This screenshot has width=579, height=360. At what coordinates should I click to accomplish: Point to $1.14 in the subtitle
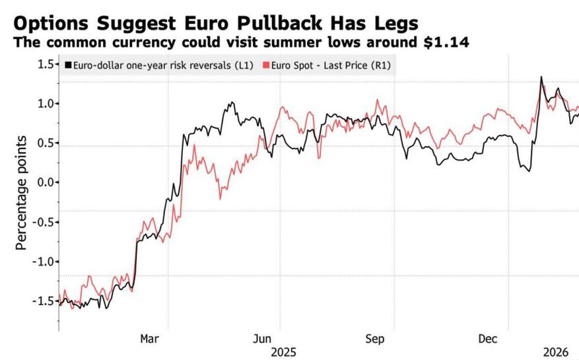pos(447,42)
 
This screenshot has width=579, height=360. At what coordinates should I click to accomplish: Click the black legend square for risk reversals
pos(68,65)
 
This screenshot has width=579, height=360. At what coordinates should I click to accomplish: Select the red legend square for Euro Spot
pos(266,65)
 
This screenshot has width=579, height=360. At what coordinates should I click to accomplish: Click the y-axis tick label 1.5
pos(46,65)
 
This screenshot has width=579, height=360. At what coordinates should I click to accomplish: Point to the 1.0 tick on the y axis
pos(46,104)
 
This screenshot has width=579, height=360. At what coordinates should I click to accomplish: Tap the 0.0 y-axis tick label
pos(46,182)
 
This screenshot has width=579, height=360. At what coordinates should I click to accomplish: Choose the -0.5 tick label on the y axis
pos(43,222)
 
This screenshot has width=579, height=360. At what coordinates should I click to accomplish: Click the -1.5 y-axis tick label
pos(43,301)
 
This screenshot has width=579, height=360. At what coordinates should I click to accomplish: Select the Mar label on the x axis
pos(150,339)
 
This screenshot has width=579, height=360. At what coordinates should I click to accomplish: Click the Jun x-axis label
pos(262,339)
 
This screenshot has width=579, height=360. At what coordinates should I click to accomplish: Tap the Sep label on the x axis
pos(375,339)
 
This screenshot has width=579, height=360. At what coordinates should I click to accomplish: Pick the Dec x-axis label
pos(488,339)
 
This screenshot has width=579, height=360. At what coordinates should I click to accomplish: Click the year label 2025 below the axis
pos(283,352)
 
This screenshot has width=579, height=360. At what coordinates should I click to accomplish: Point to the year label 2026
pos(556,352)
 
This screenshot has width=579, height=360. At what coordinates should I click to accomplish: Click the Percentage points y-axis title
pos(21,193)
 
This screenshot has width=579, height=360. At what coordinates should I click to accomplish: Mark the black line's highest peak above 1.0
pos(541,77)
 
